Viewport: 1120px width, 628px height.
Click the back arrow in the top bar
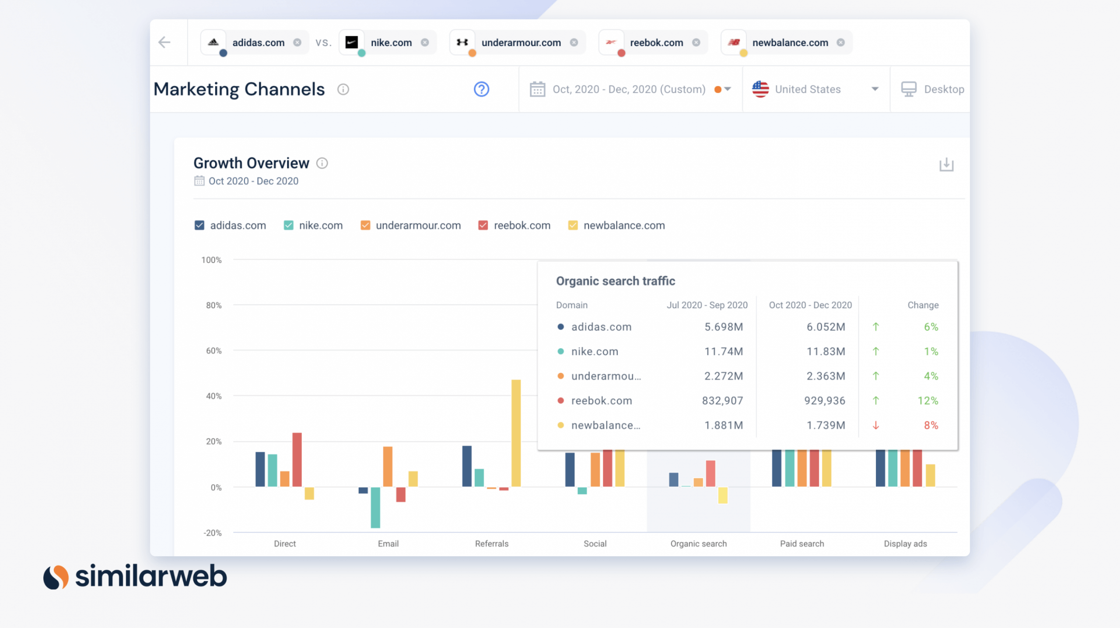click(164, 42)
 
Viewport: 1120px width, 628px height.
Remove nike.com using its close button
click(425, 42)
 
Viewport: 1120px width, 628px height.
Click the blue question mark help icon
click(481, 89)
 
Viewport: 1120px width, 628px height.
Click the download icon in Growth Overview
click(946, 165)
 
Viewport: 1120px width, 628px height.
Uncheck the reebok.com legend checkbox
click(483, 225)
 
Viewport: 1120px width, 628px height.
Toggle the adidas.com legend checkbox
click(199, 225)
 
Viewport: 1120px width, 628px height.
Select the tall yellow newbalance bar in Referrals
click(516, 433)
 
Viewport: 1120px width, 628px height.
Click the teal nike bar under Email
click(375, 507)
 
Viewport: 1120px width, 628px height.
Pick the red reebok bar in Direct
click(297, 460)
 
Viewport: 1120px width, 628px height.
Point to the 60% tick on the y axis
click(213, 351)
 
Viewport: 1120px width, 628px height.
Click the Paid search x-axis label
click(801, 544)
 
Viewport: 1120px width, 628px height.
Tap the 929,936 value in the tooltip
click(824, 400)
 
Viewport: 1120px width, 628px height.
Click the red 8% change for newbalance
click(931, 425)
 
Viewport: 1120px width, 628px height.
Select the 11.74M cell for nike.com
click(723, 351)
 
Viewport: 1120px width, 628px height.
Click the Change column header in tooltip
click(923, 305)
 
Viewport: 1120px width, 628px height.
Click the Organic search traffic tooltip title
click(615, 281)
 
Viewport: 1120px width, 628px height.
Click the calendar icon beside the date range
click(537, 89)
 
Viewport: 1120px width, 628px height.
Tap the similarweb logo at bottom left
click(136, 576)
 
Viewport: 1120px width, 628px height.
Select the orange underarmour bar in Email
click(388, 467)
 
